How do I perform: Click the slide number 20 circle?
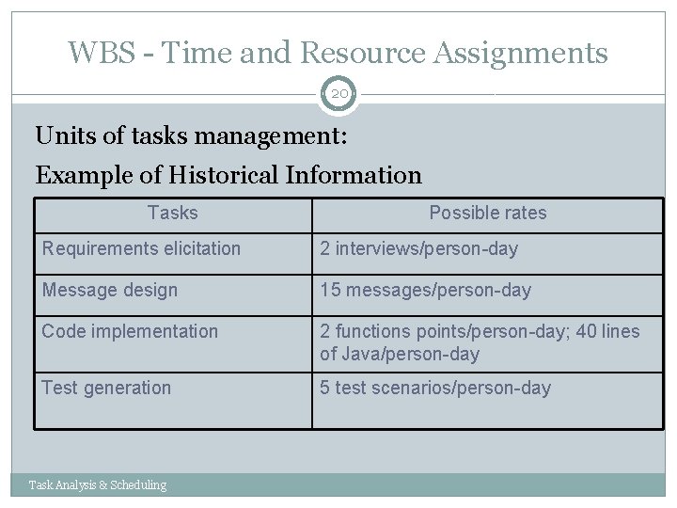tap(338, 94)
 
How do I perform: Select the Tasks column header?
tap(173, 214)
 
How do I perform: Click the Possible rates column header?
tap(487, 214)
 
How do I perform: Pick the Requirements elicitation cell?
tap(141, 249)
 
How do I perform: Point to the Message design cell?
tap(109, 291)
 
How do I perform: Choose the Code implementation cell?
tap(130, 331)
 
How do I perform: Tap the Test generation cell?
tap(106, 388)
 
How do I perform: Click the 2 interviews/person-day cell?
tap(418, 249)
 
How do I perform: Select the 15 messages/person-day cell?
tap(425, 291)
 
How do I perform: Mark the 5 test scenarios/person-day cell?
tap(435, 388)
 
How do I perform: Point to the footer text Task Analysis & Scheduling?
tap(98, 485)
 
